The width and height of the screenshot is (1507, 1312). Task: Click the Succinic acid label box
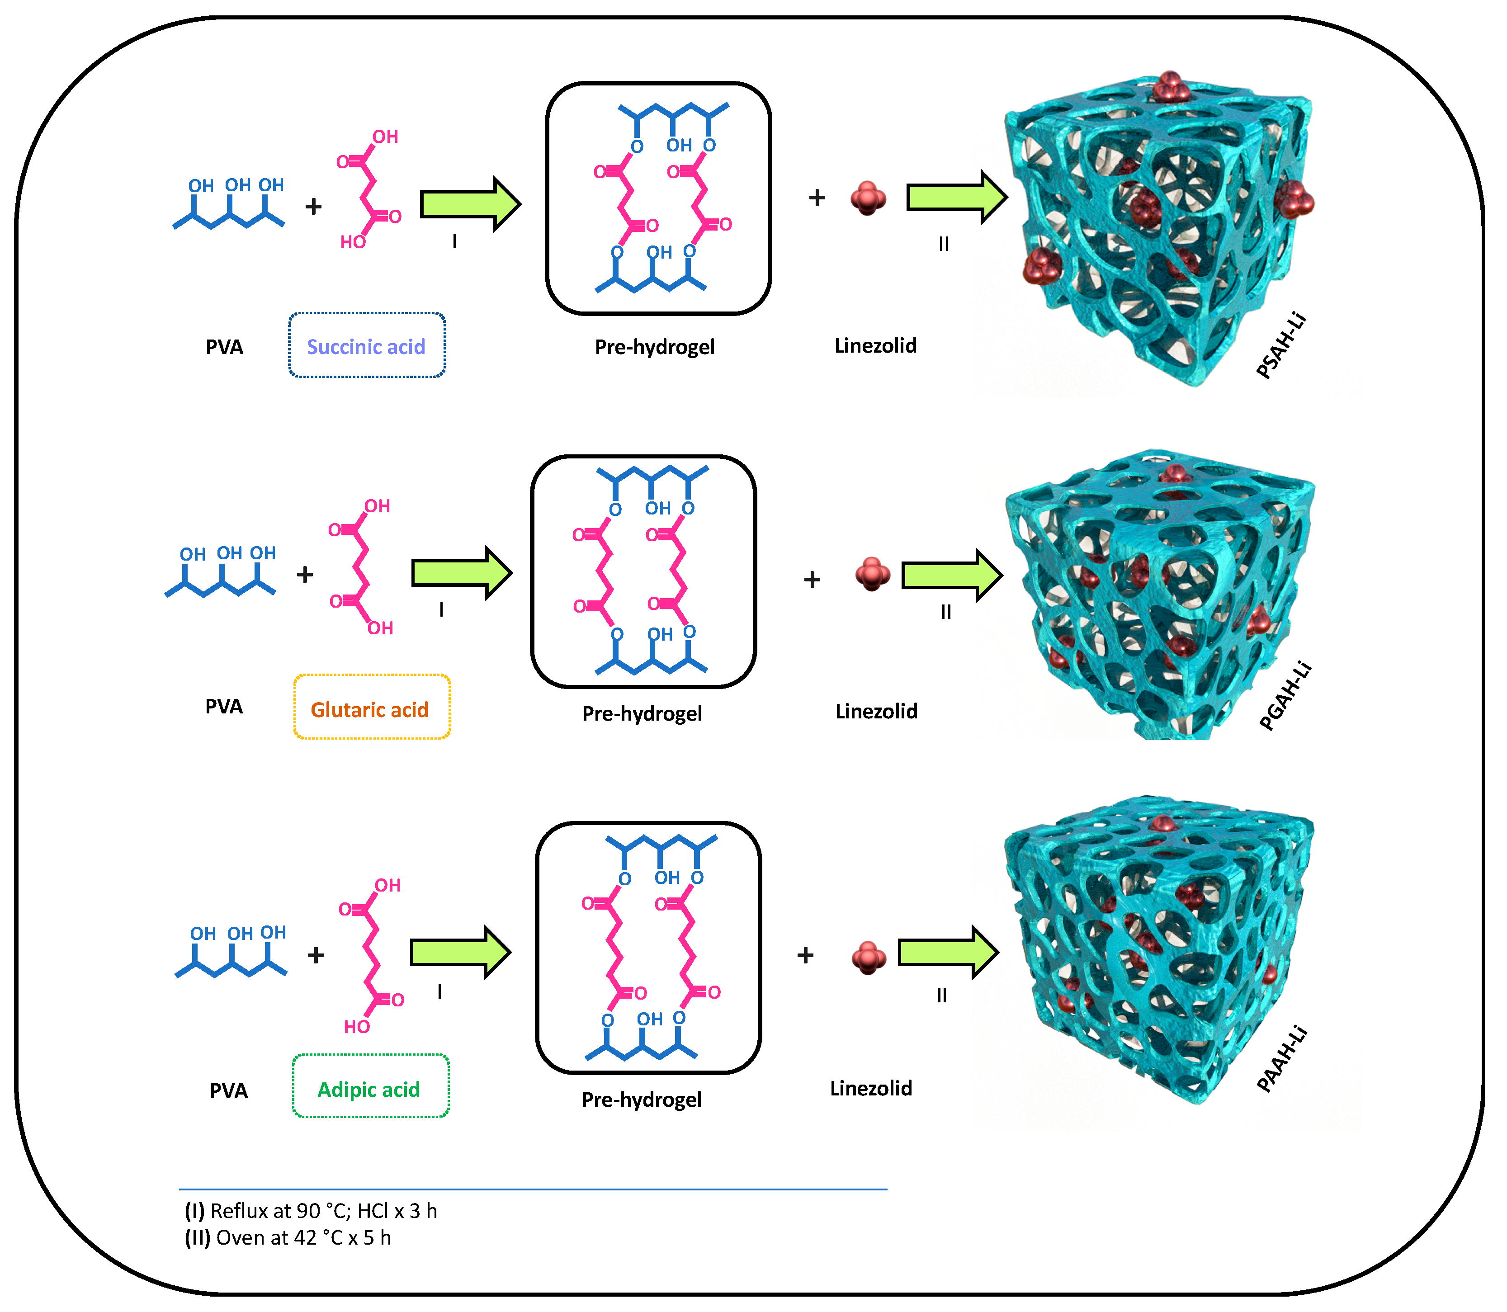[367, 345]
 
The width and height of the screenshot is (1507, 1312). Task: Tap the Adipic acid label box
[370, 1089]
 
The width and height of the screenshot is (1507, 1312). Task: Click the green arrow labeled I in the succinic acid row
[469, 203]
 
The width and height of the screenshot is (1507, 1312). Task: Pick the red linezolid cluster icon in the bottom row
[869, 958]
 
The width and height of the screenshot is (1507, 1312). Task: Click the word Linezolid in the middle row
[877, 711]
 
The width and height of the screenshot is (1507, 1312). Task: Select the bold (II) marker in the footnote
[198, 1237]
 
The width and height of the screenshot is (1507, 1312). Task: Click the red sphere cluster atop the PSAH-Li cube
[1169, 88]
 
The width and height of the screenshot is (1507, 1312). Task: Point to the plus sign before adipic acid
[316, 955]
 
